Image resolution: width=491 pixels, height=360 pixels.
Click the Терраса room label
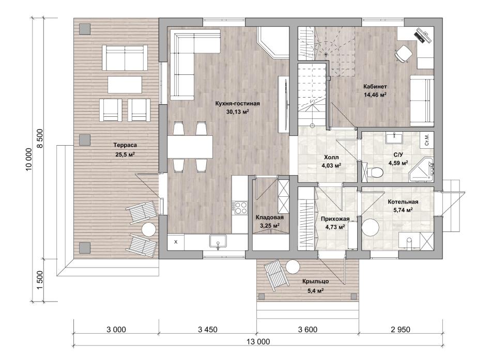tap(125, 145)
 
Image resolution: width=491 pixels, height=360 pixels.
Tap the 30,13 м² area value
tap(238, 112)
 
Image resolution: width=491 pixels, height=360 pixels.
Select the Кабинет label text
tap(375, 86)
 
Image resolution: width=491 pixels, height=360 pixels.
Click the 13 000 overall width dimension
tap(258, 341)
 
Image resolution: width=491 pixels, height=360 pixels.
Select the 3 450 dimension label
tap(207, 330)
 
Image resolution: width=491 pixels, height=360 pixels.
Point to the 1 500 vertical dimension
tap(40, 280)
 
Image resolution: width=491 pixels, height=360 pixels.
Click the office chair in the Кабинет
tap(403, 53)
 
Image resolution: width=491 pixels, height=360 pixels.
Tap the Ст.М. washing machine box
tap(427, 139)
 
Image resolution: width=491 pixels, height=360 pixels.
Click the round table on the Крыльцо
tap(293, 267)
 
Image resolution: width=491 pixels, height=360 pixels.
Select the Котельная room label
tap(403, 202)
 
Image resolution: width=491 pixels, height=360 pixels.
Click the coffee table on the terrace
tap(125, 84)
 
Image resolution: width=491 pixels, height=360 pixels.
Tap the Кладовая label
tap(270, 217)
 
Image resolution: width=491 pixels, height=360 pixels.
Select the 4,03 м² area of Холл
tap(331, 165)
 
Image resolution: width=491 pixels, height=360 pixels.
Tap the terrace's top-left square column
tap(85, 29)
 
